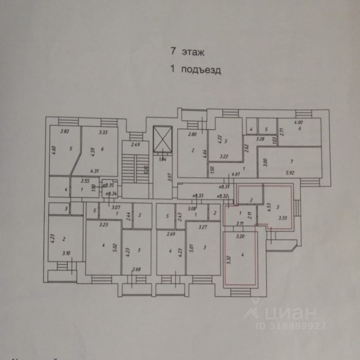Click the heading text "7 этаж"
coord(187,52)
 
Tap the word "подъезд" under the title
coord(201,70)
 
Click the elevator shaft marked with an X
coord(162,140)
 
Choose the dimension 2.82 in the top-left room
coord(65,132)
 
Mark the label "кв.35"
coord(109,185)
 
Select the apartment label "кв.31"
coord(224,187)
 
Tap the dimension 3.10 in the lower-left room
coord(66,253)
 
